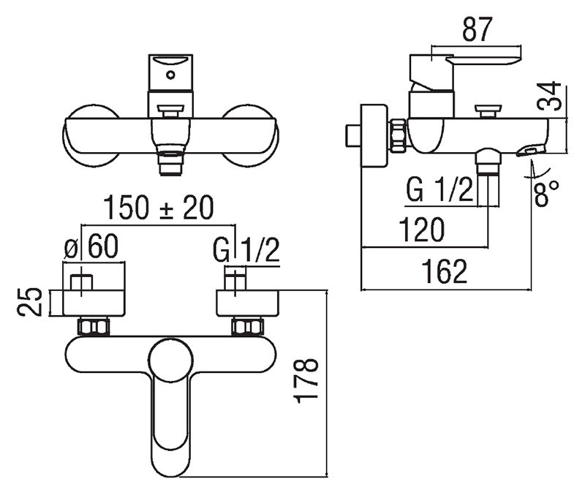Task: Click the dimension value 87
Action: (478, 29)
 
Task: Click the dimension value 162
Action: (445, 272)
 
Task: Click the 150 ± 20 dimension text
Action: (159, 208)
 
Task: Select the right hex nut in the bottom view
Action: (247, 326)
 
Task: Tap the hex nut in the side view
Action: (399, 135)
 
